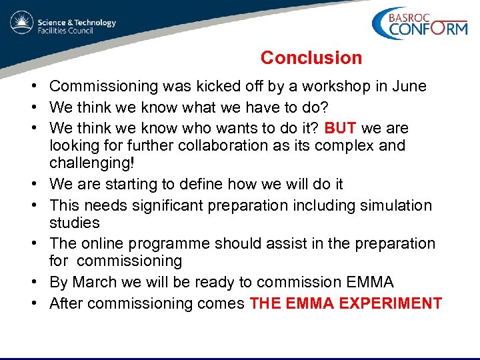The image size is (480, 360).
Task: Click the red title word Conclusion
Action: point(311,58)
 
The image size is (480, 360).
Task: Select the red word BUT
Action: point(343,128)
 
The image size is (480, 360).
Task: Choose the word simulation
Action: point(396,205)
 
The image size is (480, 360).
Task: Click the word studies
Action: point(75,223)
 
